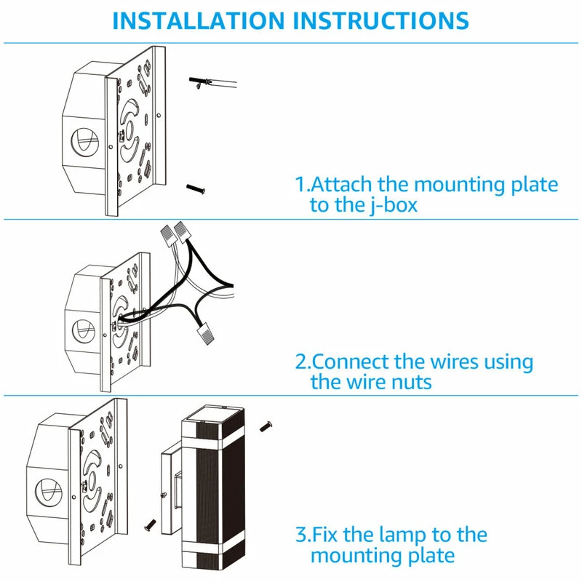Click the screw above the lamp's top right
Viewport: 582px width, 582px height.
(x=266, y=423)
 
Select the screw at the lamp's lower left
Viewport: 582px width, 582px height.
(x=151, y=522)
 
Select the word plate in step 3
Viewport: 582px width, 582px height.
(x=428, y=557)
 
